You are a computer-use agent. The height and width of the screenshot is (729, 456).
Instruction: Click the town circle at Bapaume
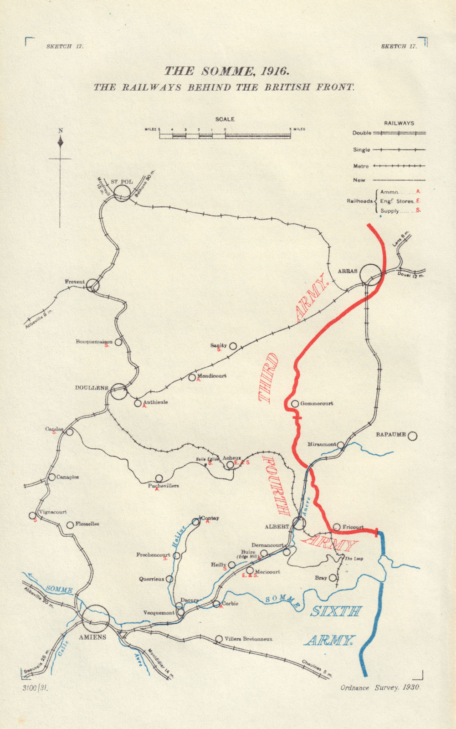[412, 436]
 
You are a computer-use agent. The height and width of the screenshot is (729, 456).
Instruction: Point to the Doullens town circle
[119, 391]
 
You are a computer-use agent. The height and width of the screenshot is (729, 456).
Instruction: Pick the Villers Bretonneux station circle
[219, 639]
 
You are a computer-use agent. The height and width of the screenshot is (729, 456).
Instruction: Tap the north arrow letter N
[61, 131]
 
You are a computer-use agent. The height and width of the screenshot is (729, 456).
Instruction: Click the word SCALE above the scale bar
[225, 119]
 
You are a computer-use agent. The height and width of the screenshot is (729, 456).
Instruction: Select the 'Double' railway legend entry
[362, 133]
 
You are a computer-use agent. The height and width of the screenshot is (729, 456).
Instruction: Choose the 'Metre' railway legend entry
[361, 166]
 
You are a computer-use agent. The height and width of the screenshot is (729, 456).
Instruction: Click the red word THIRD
[269, 378]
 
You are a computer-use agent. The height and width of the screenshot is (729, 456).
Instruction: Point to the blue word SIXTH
[336, 611]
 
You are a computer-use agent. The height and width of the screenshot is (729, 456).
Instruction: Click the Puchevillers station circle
[159, 478]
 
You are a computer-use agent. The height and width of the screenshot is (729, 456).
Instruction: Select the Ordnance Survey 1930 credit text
[380, 688]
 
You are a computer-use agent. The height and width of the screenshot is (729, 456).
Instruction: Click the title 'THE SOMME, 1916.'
[226, 72]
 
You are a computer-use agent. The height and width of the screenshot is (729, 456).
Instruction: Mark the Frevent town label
[75, 282]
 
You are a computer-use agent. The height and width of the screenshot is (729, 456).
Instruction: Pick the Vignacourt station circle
[32, 516]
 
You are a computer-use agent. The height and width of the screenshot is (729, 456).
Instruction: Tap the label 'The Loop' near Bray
[354, 559]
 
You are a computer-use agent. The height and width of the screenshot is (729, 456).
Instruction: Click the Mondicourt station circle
[192, 377]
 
